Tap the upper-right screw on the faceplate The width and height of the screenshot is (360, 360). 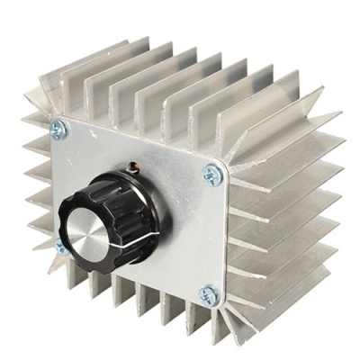pyautogui.click(x=211, y=175)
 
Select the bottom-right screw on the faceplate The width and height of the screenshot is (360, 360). pyautogui.click(x=209, y=294)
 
